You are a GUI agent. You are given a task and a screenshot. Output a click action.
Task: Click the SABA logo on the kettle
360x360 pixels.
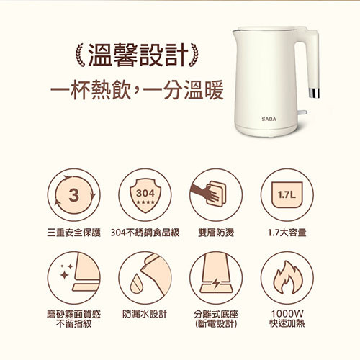(269, 119)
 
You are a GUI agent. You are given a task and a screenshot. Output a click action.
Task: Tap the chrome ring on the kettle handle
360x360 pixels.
(315, 93)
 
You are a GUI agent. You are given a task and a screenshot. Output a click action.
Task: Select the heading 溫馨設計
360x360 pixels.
(138, 55)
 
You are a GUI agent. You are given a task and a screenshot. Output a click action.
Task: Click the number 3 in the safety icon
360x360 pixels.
(73, 195)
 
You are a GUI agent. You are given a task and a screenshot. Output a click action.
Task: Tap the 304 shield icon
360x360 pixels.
(145, 196)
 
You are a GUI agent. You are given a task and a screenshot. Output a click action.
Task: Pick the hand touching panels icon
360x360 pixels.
(208, 194)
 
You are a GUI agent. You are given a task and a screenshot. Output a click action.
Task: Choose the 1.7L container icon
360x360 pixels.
(287, 195)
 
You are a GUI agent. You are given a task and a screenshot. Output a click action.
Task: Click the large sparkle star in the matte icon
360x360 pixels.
(64, 275)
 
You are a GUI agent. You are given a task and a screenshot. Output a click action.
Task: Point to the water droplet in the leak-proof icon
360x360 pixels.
(136, 284)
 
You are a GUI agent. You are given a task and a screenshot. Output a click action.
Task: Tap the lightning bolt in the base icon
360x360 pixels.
(216, 284)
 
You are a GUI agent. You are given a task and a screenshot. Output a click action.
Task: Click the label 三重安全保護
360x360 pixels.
(73, 233)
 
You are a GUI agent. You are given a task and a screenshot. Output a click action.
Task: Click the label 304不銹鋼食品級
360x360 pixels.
(145, 233)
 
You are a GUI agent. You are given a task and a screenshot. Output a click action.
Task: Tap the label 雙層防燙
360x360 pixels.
(216, 233)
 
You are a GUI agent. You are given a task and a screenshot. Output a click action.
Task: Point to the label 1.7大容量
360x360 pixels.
(287, 233)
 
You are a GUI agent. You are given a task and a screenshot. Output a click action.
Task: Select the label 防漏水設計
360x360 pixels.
(145, 314)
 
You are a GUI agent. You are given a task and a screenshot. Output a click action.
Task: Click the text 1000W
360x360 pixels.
(287, 313)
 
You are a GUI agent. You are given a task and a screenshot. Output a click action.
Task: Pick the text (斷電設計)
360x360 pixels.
(216, 324)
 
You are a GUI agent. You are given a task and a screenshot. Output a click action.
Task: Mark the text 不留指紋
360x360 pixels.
(74, 324)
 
